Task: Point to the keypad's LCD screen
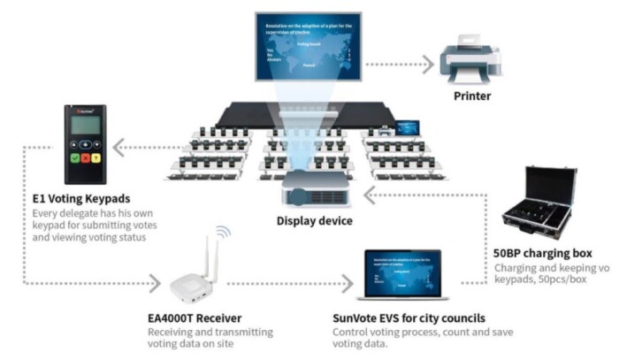click(84, 126)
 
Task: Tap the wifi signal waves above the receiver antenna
click(224, 233)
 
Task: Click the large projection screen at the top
click(308, 42)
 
